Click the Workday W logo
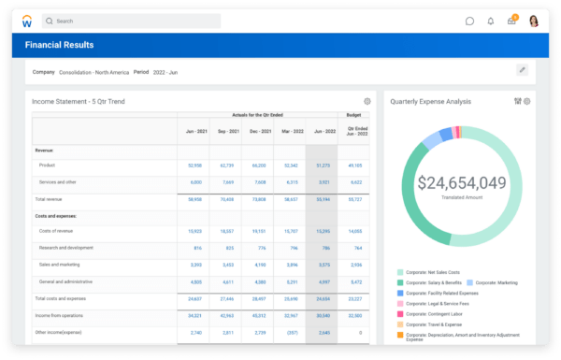click(27, 21)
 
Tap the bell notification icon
click(490, 21)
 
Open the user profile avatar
click(533, 21)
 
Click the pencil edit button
click(522, 70)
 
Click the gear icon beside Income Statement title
click(367, 101)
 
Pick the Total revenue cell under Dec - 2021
click(259, 199)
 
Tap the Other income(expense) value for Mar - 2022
click(291, 332)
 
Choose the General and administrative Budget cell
click(355, 281)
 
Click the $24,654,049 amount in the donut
click(462, 183)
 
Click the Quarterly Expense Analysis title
click(431, 101)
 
